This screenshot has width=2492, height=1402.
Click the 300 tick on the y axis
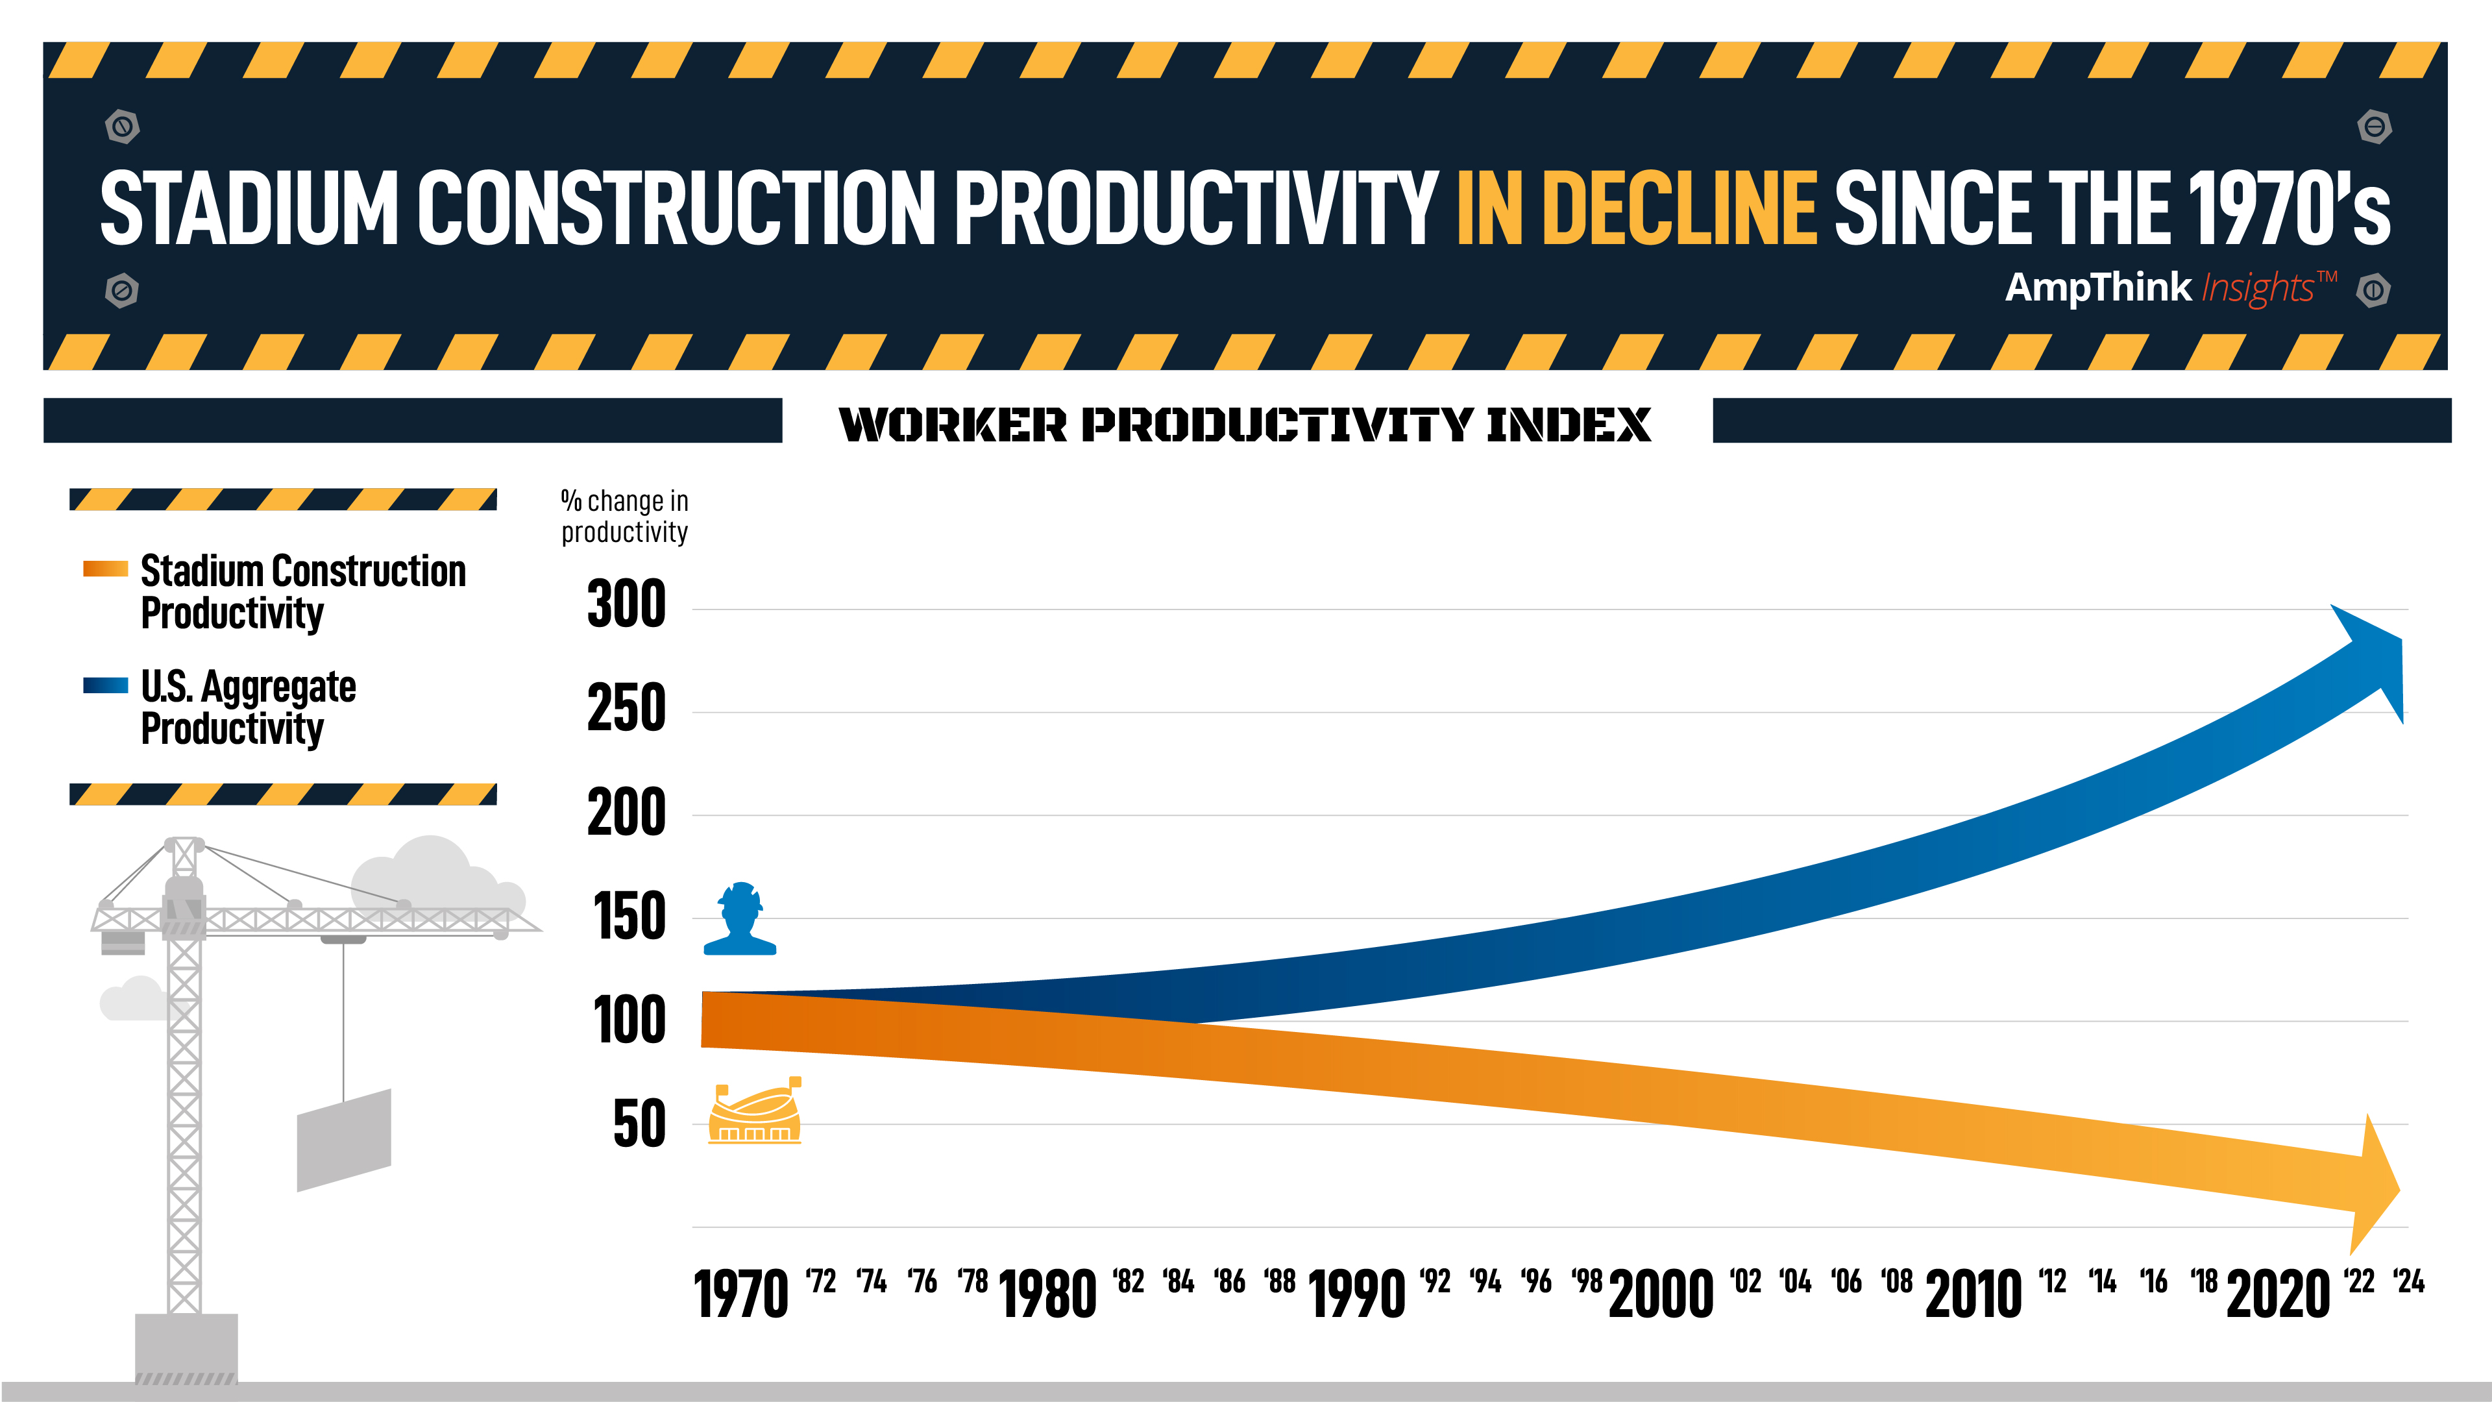[x=626, y=605]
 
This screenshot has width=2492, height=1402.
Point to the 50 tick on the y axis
[x=639, y=1124]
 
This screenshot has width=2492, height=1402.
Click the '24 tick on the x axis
[x=2409, y=1282]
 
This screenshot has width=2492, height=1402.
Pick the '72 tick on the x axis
[x=820, y=1282]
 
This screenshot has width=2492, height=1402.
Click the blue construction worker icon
[x=740, y=919]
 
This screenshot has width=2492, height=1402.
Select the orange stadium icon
[x=755, y=1113]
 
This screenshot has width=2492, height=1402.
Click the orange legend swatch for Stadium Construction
[x=105, y=569]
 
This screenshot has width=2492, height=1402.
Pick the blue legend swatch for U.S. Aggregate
[x=105, y=685]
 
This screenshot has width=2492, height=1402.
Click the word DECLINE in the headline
[x=1678, y=208]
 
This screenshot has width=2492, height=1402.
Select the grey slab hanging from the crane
[x=343, y=1140]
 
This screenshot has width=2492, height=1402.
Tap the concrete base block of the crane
[x=186, y=1345]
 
